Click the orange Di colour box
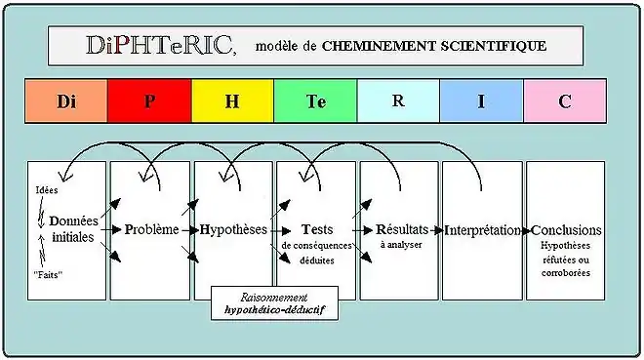pos(66,100)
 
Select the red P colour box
pos(149,100)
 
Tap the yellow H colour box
pos(232,100)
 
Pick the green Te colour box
pos(315,100)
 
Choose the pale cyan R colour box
pos(398,100)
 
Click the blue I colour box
pos(481,100)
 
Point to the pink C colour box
pos(565,100)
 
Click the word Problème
pos(152,229)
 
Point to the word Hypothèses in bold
pos(233,229)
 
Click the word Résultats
pos(401,229)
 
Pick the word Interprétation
pos(483,230)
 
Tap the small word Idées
pos(46,189)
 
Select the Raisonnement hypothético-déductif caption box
pos(274,303)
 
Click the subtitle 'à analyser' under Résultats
pos(401,245)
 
